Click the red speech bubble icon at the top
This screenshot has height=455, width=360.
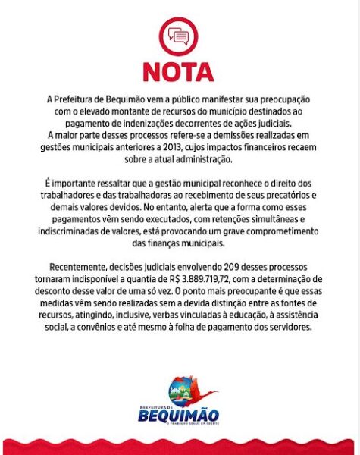pyautogui.click(x=180, y=36)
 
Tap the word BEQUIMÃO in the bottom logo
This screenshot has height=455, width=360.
pyautogui.click(x=180, y=415)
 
